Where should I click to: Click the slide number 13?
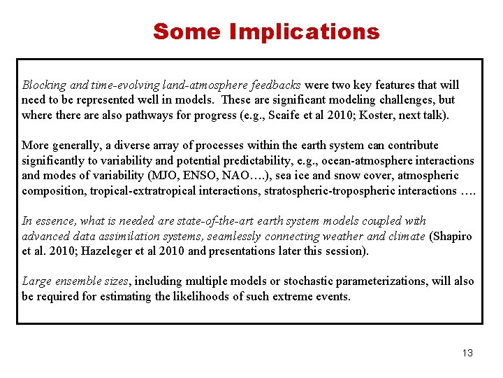tap(467, 353)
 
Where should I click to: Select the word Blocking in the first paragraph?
tap(44, 85)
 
